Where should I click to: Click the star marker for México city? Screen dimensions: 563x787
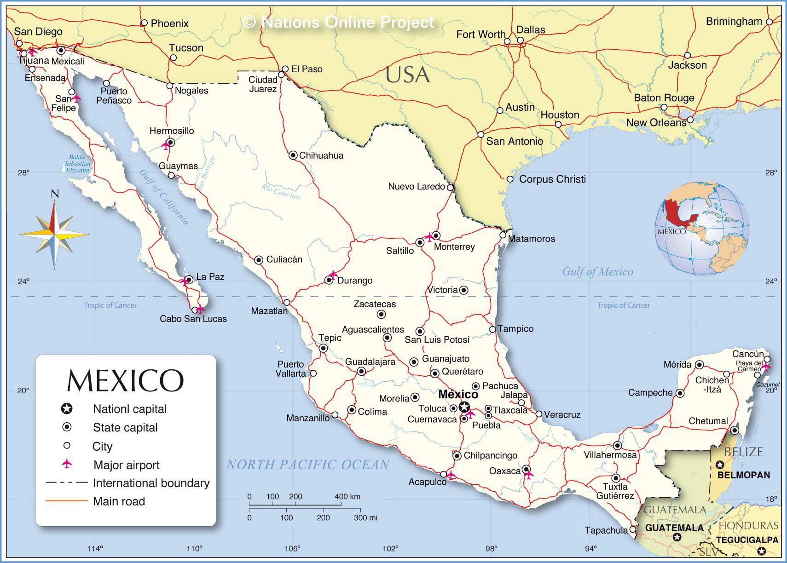tap(464, 407)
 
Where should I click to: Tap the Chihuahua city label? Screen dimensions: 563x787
tap(321, 155)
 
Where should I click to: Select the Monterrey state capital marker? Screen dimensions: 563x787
tap(436, 236)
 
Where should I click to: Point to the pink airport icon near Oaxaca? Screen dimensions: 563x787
tap(528, 474)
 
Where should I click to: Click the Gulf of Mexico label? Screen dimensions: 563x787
tap(597, 272)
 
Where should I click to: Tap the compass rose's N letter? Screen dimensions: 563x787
tap(55, 194)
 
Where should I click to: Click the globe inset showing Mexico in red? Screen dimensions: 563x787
tap(702, 229)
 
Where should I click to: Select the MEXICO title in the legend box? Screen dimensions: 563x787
tap(125, 381)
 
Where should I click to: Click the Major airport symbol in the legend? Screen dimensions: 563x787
tap(67, 464)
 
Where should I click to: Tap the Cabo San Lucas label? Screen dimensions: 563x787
tap(193, 319)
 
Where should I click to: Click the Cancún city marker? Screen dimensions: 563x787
tap(767, 359)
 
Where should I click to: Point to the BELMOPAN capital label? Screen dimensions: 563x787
tap(744, 475)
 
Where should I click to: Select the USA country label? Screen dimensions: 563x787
tap(408, 75)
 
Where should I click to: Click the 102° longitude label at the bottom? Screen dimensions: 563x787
tap(391, 548)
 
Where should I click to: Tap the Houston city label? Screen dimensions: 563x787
tap(560, 115)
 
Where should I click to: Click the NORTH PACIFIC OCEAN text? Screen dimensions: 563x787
tap(307, 465)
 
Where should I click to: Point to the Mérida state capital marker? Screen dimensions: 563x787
tap(699, 365)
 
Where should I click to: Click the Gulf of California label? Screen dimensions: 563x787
tap(164, 197)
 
